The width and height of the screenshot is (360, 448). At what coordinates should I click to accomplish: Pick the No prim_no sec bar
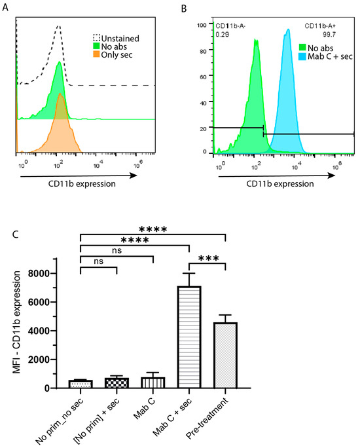coord(81,384)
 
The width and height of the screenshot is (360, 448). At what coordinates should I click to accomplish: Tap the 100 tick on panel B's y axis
coord(202,25)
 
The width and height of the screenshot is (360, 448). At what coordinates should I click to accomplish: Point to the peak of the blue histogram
coord(287,29)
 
